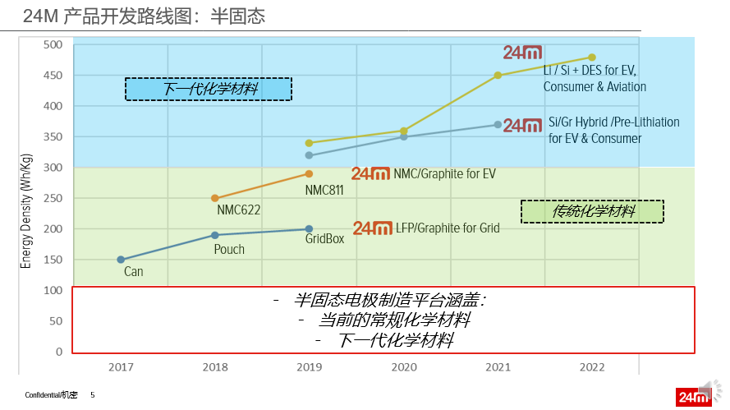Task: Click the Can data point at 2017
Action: (121, 260)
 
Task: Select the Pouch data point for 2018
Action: (215, 235)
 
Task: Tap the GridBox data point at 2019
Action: (309, 229)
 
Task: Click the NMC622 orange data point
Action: (215, 198)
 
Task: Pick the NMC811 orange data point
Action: (309, 173)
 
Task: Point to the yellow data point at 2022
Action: (591, 58)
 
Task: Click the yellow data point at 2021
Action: (498, 76)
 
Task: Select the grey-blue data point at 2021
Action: (498, 125)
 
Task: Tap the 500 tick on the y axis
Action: (53, 44)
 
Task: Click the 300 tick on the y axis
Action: (53, 168)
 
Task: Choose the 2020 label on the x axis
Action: (403, 368)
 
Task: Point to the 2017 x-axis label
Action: (121, 368)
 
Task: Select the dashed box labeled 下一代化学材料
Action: (209, 89)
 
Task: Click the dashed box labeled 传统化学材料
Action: (592, 211)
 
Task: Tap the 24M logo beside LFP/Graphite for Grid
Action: (372, 228)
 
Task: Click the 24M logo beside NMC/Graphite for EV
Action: (370, 173)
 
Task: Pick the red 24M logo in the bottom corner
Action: (692, 397)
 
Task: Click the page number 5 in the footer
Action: (93, 395)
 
